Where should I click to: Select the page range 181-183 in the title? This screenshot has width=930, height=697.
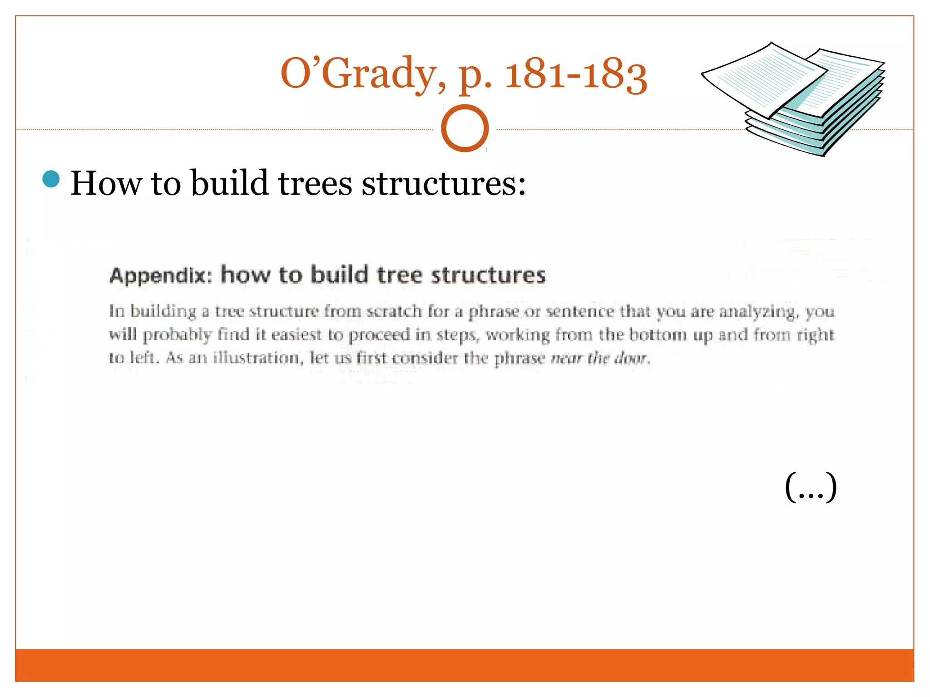(576, 75)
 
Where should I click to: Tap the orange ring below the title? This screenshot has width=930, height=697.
(465, 128)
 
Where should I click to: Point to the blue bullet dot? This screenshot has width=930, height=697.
(51, 179)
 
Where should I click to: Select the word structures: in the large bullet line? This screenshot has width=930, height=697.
(444, 183)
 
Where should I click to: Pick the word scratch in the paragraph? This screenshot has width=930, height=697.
(394, 311)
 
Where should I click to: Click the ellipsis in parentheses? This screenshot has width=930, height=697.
(811, 487)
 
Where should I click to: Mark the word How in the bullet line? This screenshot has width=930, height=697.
(106, 183)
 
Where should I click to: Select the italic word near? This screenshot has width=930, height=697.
(566, 358)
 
